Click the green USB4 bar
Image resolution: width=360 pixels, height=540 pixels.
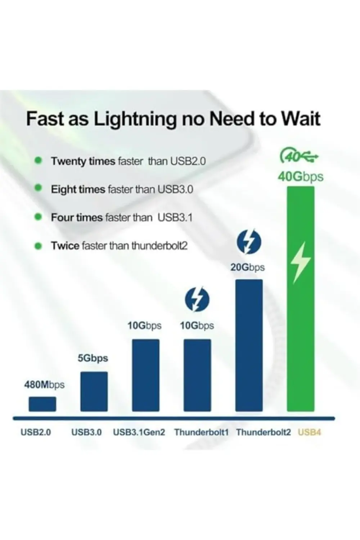[301, 299]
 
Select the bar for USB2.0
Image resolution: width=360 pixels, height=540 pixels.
[42, 404]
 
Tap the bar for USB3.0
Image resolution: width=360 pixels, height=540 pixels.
[94, 392]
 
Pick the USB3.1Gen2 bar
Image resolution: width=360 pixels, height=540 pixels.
[146, 375]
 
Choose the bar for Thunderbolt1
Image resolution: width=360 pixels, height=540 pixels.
[197, 375]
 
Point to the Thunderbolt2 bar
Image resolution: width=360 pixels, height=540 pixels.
[249, 346]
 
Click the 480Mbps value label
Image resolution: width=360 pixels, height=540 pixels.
[44, 384]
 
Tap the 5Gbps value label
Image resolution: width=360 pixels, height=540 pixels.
[93, 358]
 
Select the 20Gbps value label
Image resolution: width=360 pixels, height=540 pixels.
[247, 267]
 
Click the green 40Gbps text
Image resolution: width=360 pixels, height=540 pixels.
[301, 177]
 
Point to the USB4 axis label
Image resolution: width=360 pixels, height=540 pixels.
[309, 432]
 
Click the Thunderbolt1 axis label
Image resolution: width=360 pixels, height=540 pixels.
[201, 432]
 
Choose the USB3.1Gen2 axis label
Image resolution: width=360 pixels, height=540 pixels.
[139, 432]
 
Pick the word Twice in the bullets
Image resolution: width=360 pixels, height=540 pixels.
[65, 246]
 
